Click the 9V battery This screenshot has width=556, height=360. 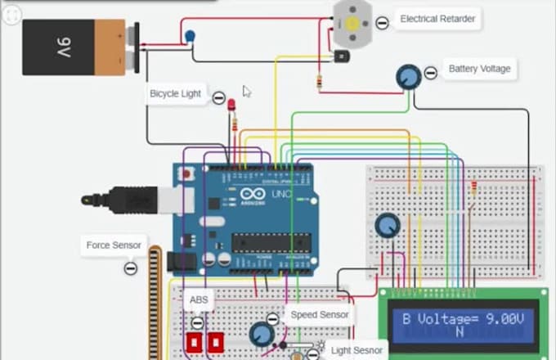[x=75, y=48]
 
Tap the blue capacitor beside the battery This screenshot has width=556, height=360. [x=191, y=36]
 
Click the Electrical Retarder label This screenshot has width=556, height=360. [x=437, y=19]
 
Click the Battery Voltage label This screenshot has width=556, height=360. [x=479, y=69]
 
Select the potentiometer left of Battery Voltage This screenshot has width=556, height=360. [x=407, y=77]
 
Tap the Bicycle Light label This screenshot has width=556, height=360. [x=175, y=94]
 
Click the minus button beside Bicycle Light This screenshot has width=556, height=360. [x=219, y=98]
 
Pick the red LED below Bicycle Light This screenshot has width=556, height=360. [x=231, y=106]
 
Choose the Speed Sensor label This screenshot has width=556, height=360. [x=319, y=314]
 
